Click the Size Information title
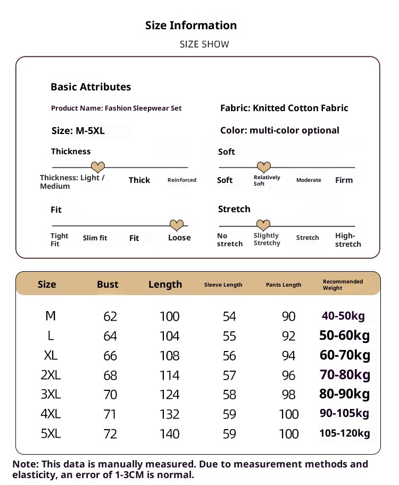[x=191, y=26]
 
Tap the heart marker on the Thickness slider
[x=98, y=168]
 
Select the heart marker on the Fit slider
[x=176, y=225]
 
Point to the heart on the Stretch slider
[x=263, y=225]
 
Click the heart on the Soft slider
[x=264, y=168]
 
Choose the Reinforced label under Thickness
[x=182, y=180]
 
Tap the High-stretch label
[x=348, y=240]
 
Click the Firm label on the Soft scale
[x=344, y=180]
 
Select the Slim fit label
[x=95, y=238]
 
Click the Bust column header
[x=107, y=285]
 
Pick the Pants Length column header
[x=284, y=285]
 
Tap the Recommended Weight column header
[x=343, y=285]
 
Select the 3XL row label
[x=51, y=395]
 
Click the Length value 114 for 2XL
[x=170, y=375]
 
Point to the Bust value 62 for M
[x=110, y=317]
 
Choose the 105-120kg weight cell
[x=344, y=433]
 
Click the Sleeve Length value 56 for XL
[x=229, y=356]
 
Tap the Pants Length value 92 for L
[x=288, y=337]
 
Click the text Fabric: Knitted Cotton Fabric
[x=284, y=108]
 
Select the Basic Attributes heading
[x=90, y=87]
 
